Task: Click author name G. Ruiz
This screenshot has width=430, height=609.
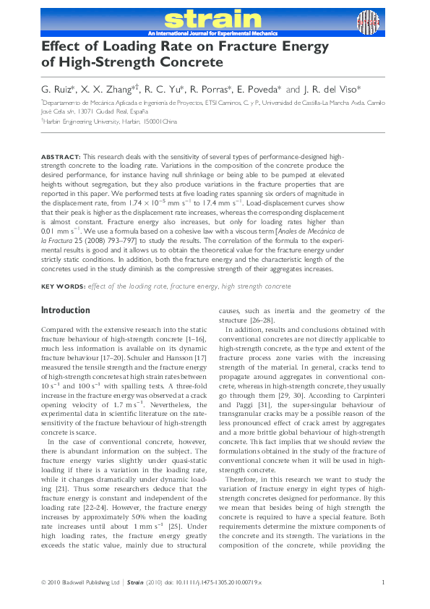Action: coord(60,90)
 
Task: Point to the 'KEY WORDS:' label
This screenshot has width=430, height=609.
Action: coord(63,287)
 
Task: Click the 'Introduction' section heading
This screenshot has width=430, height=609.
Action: coord(66,310)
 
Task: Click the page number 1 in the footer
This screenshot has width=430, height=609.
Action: coord(382,582)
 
